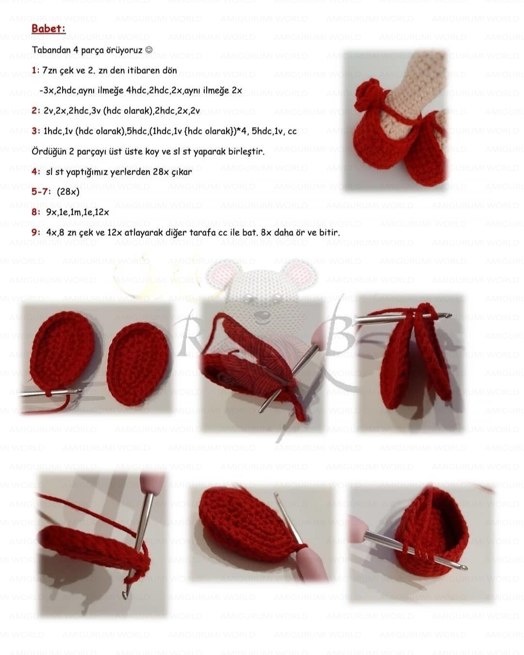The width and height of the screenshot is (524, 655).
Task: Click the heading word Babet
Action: (x=48, y=29)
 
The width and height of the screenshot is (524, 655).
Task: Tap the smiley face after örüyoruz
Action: (x=149, y=49)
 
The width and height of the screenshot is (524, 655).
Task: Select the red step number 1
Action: (x=34, y=70)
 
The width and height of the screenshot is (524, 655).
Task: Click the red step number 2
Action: (x=35, y=111)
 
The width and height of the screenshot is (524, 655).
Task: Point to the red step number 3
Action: (x=35, y=131)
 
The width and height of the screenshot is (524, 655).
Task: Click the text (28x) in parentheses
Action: (x=68, y=192)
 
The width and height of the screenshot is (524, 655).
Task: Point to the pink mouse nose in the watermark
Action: (x=260, y=314)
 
